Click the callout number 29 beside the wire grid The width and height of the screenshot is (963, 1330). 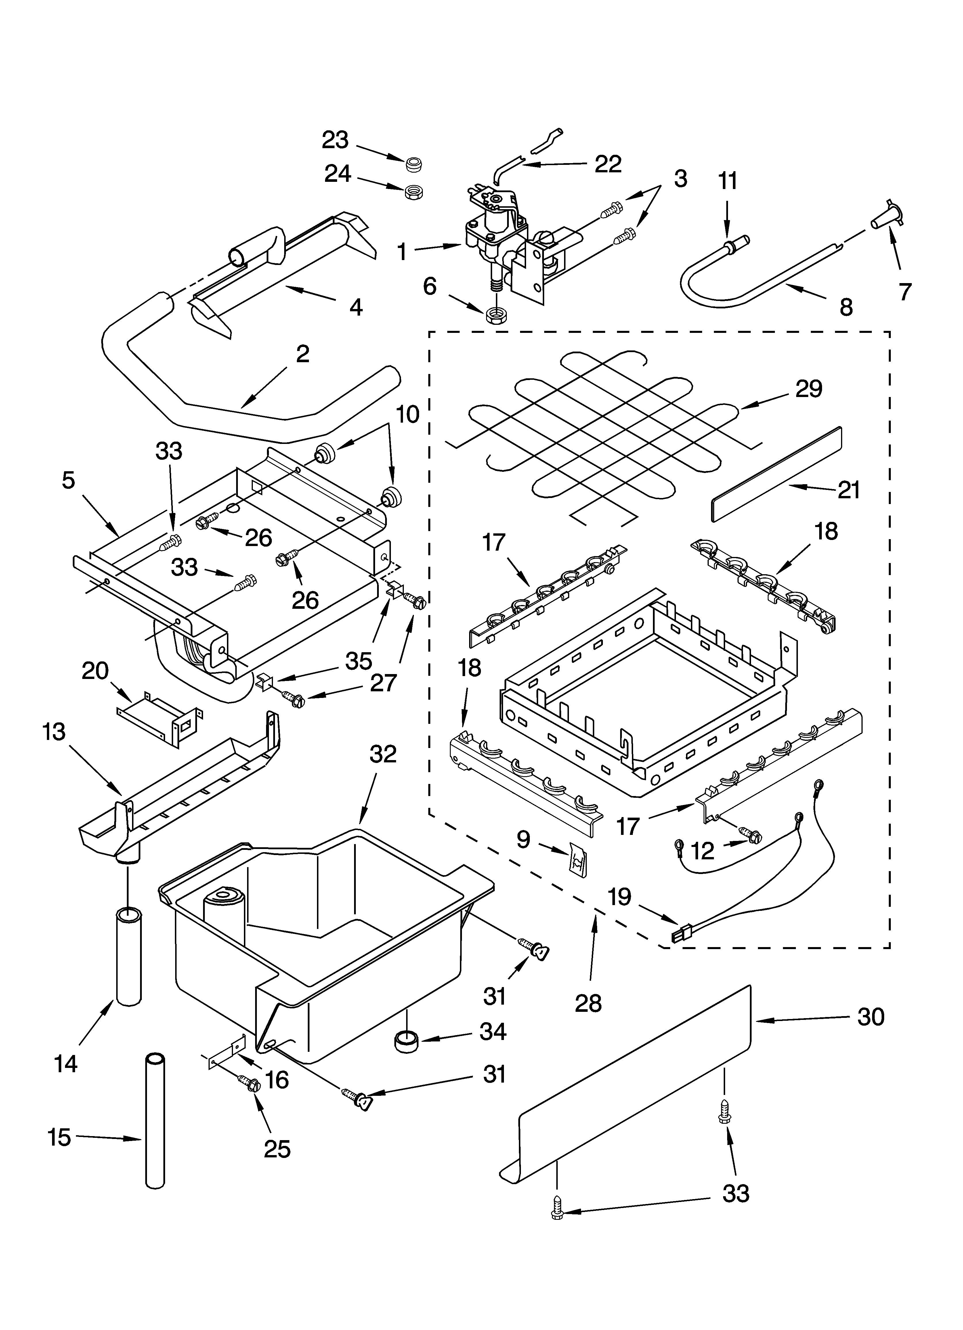click(x=809, y=389)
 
